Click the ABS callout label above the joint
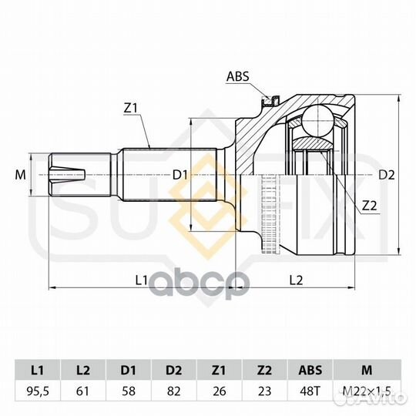click(238, 76)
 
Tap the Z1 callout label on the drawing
click(130, 108)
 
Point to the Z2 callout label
click(369, 206)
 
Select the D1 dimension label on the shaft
click(180, 175)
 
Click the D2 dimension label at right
click(386, 175)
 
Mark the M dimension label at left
click(21, 175)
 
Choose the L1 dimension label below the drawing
click(141, 280)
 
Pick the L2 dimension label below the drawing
click(296, 280)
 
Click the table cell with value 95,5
click(38, 391)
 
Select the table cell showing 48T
click(310, 391)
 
